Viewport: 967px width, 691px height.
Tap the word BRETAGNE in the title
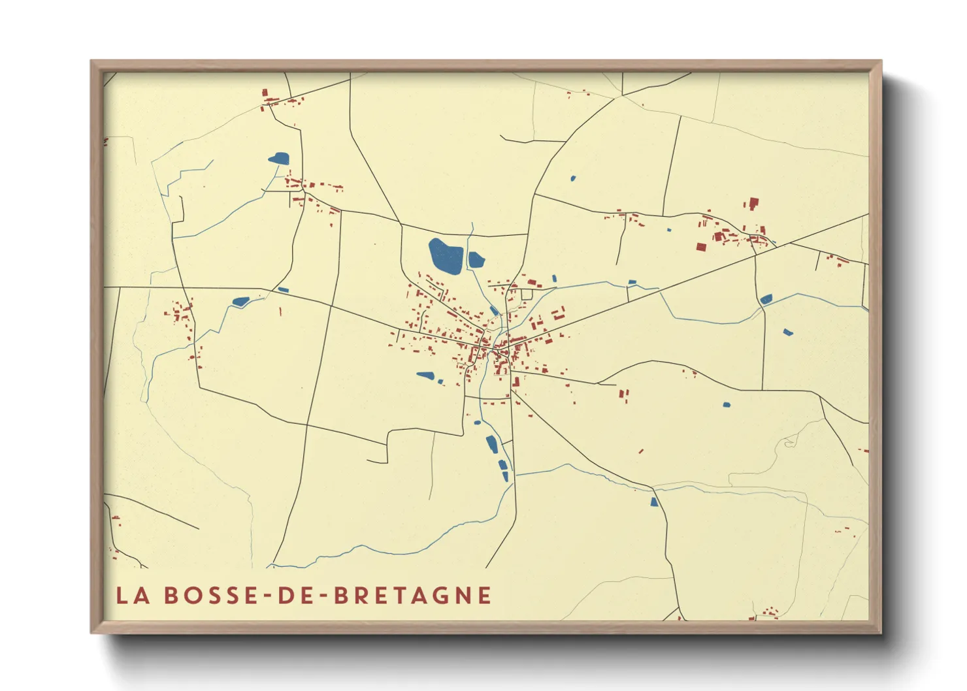[x=412, y=596]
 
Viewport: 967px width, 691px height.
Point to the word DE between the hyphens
[x=298, y=596]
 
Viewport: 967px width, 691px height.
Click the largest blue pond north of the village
[x=445, y=256]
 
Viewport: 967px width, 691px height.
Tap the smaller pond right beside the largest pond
[x=476, y=260]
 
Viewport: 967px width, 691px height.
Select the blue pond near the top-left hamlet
[x=279, y=158]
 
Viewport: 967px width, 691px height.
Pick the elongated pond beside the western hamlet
[x=240, y=302]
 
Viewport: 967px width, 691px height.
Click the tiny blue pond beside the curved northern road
[x=573, y=178]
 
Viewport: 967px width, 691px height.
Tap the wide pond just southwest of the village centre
[x=425, y=376]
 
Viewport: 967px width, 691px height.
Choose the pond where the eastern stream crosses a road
[x=766, y=299]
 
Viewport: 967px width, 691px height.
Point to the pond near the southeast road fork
[x=653, y=502]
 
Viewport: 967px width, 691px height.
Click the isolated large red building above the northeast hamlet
[x=753, y=203]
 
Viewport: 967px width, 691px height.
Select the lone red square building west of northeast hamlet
[x=701, y=247]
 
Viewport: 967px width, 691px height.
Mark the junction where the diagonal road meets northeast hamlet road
[x=756, y=254]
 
